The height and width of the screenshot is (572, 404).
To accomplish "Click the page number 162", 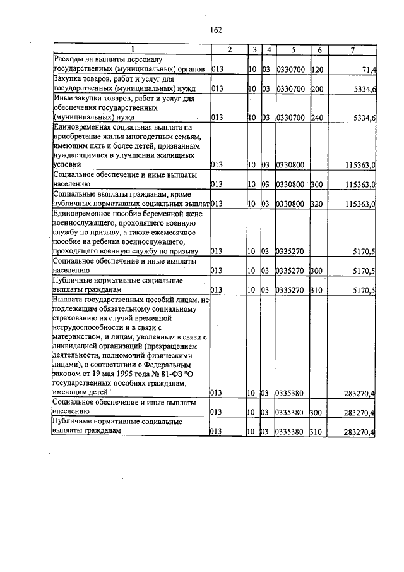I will point(216,30).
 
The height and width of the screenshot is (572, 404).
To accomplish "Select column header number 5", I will point(293,49).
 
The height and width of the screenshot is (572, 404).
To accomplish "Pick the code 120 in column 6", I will point(317,68).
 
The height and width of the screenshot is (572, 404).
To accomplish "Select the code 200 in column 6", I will point(317,89).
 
